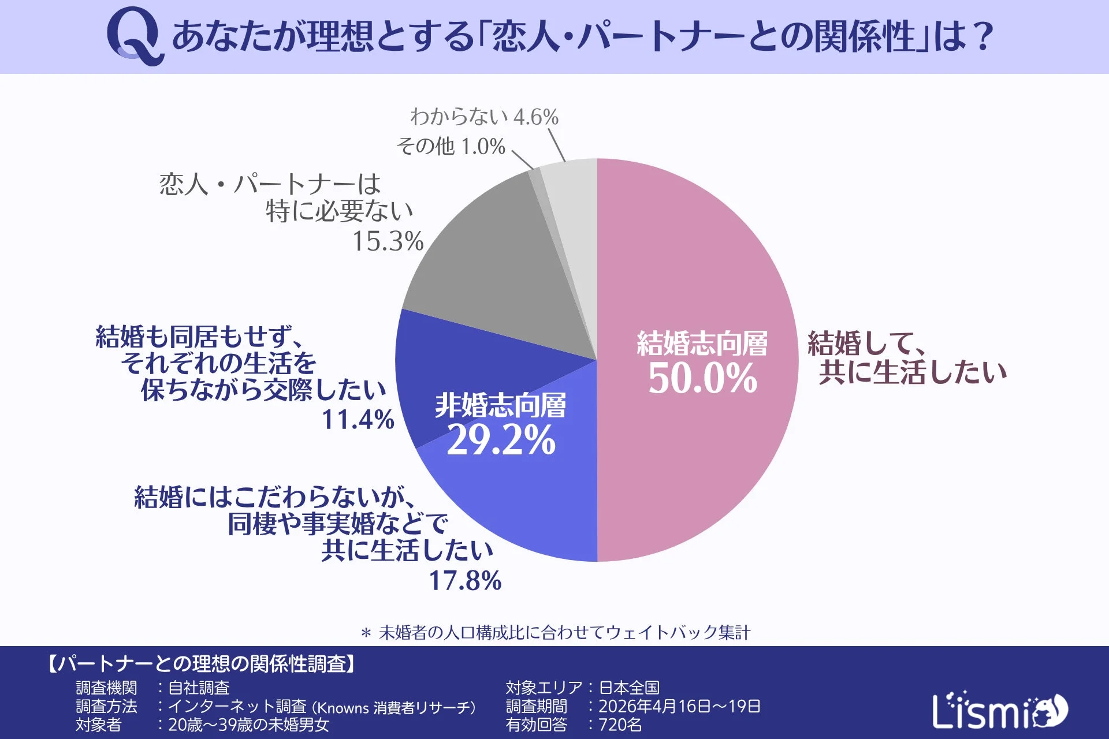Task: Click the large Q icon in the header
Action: tap(134, 36)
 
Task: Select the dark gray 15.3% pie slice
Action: tap(497, 266)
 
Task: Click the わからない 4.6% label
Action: tap(484, 117)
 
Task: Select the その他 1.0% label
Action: tap(451, 146)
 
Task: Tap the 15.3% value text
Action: tap(388, 241)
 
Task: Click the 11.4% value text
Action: tap(358, 420)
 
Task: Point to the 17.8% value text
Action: tap(465, 581)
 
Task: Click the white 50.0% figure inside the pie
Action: tap(702, 379)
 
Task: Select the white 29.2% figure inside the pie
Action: tap(501, 441)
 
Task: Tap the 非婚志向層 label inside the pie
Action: tap(500, 405)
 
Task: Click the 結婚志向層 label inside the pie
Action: tap(702, 344)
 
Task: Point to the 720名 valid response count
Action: tap(620, 725)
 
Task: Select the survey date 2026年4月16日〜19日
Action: tap(679, 706)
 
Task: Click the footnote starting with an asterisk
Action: tap(556, 633)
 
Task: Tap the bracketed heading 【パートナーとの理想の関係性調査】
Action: tap(200, 664)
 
